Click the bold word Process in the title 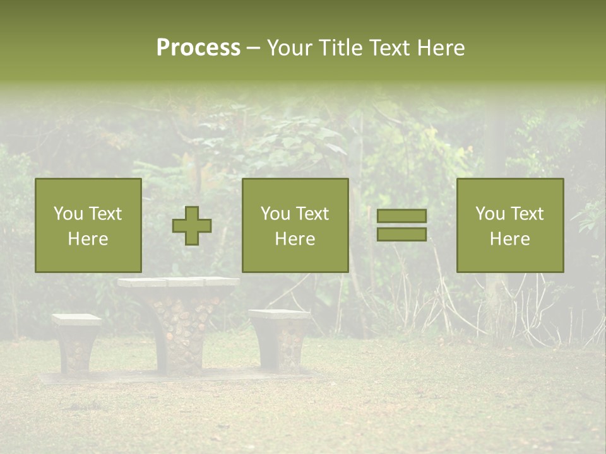pos(198,48)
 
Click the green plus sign pos(192,225)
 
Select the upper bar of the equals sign pos(401,216)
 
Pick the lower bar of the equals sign pos(401,234)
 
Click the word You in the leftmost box pos(68,214)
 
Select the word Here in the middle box pos(295,239)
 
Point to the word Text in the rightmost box pos(527,214)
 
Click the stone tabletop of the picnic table pos(179,282)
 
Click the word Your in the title pos(290,48)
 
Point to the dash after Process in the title pos(253,48)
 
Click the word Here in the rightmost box pos(510,239)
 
